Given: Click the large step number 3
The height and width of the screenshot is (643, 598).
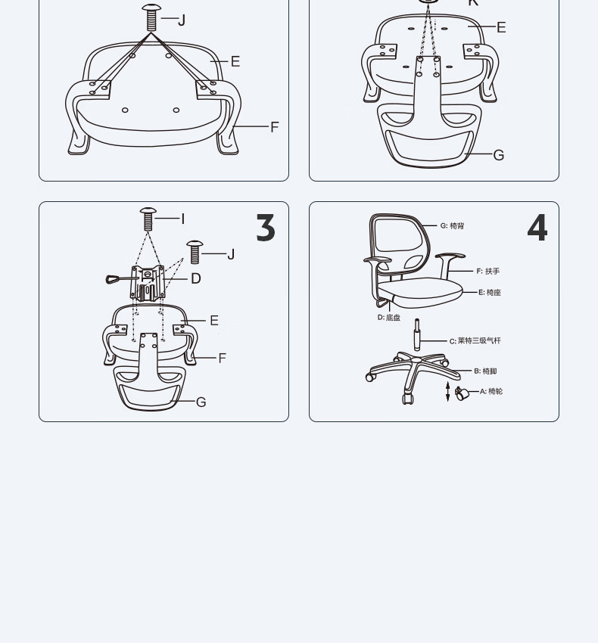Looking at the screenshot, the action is tap(266, 227).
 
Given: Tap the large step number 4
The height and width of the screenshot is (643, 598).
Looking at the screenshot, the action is tap(537, 227).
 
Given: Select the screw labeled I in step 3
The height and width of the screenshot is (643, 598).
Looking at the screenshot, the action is tap(148, 219).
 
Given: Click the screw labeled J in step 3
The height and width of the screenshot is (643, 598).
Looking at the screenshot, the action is tap(195, 252).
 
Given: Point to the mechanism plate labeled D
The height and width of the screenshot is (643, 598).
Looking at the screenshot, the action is tap(148, 283).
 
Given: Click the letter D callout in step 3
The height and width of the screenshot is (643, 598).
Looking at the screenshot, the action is tap(196, 279).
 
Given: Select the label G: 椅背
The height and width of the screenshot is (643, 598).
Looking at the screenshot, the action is tap(452, 225).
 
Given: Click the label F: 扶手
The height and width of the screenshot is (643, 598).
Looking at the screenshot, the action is tap(488, 271).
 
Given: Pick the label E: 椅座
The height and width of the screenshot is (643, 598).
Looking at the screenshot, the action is tap(490, 293).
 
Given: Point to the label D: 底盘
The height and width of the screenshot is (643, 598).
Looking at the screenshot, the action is tap(388, 318).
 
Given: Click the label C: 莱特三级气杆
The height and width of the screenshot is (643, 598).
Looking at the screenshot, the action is tap(475, 340).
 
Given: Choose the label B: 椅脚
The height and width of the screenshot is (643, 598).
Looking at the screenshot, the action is tap(485, 371).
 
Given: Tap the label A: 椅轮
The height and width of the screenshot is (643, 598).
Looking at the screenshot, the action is tap(491, 391).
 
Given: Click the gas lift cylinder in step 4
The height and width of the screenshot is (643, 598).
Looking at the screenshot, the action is tap(417, 334).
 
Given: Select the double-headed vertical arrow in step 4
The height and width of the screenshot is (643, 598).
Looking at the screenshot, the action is tap(448, 392).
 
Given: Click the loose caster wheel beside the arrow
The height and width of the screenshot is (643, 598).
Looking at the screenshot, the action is tap(462, 393).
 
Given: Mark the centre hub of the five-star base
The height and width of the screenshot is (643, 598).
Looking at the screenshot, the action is tap(416, 360).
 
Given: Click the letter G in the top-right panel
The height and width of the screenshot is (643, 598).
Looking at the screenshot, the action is tap(499, 155).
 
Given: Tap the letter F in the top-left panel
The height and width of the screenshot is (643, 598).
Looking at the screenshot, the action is tap(275, 127).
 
